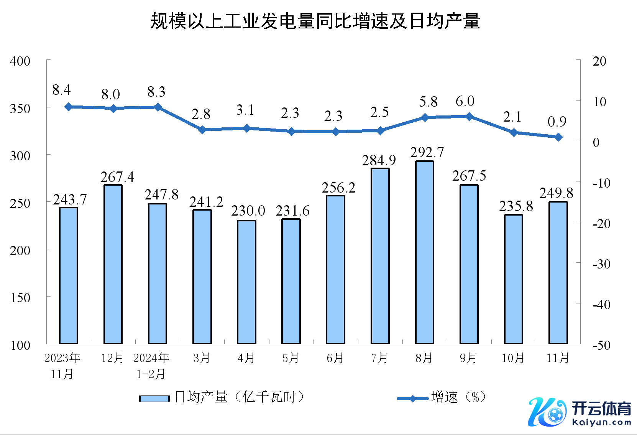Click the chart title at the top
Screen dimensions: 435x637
click(x=315, y=21)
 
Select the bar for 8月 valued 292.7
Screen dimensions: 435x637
click(x=425, y=252)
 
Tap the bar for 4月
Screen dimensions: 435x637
click(x=246, y=282)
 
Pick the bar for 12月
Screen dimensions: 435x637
click(x=113, y=264)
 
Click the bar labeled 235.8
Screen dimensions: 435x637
click(x=514, y=279)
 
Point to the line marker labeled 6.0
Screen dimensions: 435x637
click(x=469, y=117)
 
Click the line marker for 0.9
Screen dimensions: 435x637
click(x=558, y=137)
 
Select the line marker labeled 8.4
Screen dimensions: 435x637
click(x=69, y=107)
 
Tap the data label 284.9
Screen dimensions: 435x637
click(x=379, y=160)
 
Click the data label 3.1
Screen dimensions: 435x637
click(x=245, y=110)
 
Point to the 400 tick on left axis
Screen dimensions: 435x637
click(x=20, y=61)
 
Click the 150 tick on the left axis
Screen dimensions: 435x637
click(x=20, y=298)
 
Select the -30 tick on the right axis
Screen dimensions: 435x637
click(x=601, y=264)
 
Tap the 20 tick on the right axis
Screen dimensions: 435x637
click(x=599, y=61)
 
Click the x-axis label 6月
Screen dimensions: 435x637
click(x=335, y=358)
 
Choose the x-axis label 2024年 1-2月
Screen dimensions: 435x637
click(x=151, y=366)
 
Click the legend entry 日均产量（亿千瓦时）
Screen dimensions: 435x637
click(x=222, y=397)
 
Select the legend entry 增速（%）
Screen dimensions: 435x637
click(x=443, y=397)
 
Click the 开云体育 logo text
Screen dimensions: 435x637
click(x=601, y=409)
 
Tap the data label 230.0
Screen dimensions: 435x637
click(x=248, y=211)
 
